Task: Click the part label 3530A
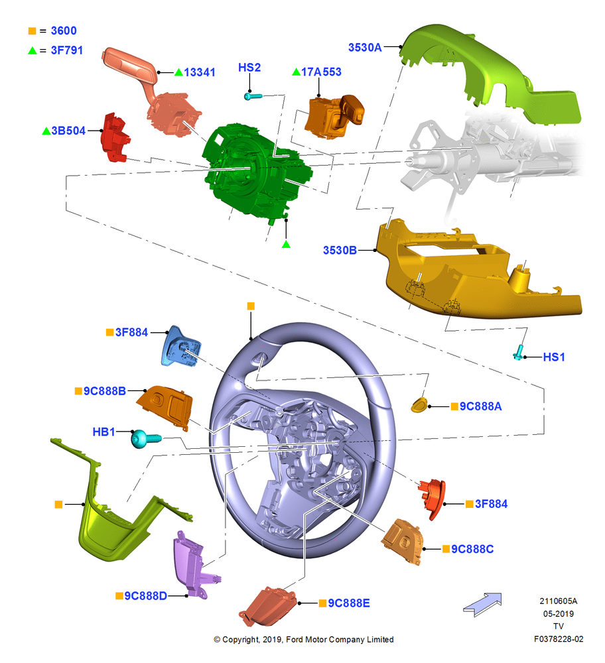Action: point(365,47)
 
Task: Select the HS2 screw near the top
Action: point(253,96)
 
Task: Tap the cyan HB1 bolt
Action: point(146,438)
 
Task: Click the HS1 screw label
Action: point(554,357)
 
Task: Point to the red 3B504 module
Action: point(115,138)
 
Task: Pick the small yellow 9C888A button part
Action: point(419,404)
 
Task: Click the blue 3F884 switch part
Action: point(181,345)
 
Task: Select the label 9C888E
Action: point(349,603)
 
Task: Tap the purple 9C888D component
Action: point(194,564)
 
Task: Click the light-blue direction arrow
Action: point(483,605)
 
